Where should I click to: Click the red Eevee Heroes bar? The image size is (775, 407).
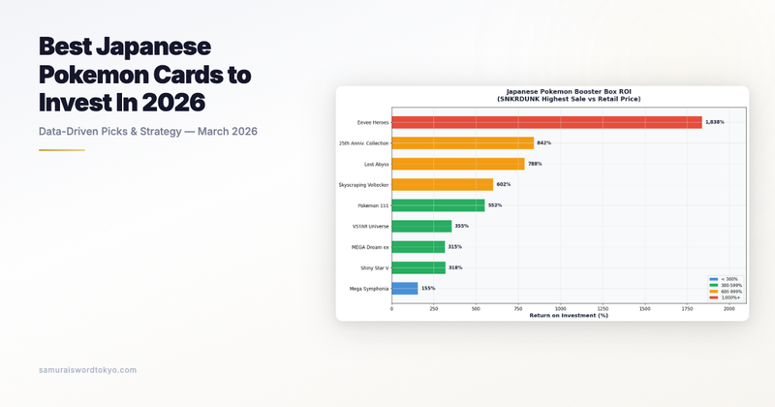point(546,122)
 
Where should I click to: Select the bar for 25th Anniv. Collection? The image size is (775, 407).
point(462,142)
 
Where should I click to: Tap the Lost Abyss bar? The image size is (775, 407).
point(457,164)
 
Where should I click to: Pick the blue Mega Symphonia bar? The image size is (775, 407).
point(404,289)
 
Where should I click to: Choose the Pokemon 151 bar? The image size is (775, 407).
point(438,205)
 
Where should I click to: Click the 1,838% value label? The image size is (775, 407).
point(715,122)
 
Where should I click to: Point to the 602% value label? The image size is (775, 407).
point(503,184)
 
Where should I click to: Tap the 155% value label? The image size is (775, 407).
point(428,289)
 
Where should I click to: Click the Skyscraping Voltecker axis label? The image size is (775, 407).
point(362,184)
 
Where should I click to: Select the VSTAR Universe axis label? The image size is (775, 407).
point(369,226)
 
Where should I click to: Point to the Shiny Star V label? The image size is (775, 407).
point(372,267)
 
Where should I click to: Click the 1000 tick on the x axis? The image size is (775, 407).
point(560,309)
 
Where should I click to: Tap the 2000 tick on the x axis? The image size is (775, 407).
point(728,309)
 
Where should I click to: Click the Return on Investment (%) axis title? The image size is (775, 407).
point(568,315)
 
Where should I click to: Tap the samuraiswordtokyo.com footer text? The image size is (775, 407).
point(87,370)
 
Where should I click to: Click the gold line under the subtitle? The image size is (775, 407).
point(61,150)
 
